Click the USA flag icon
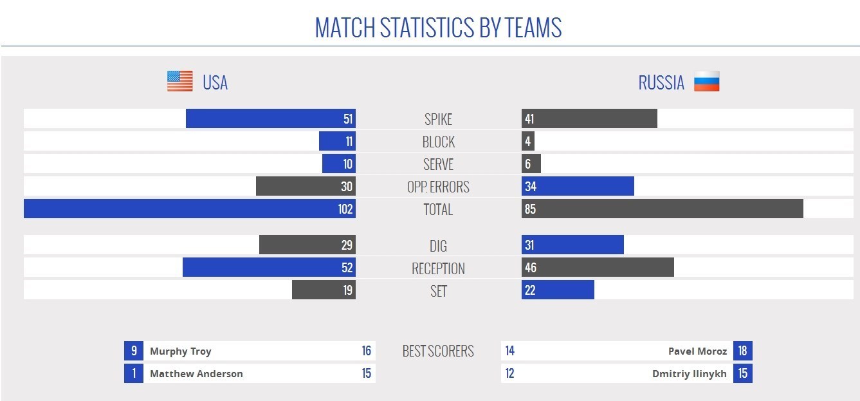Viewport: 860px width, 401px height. coord(179,81)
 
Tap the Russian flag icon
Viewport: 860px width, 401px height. coord(706,82)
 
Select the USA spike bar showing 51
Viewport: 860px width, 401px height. coord(270,118)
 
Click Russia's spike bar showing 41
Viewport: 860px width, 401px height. coord(589,118)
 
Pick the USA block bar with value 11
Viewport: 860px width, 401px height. coord(337,141)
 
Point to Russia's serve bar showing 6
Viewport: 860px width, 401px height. coord(531,163)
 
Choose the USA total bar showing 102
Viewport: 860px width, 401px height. coord(189,209)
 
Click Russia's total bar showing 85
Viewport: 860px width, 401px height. coord(662,209)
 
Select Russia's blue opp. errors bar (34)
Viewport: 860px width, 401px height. coord(578,186)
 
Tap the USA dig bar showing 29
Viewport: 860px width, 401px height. coord(307,245)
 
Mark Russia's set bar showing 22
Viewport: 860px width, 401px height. coord(558,290)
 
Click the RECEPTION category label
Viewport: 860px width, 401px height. coord(438,268)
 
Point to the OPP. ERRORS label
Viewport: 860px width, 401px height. coord(438,187)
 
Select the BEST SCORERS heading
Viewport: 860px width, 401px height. coord(438,351)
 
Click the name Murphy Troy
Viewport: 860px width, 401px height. coord(180,351)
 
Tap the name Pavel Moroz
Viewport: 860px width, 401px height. coord(698,351)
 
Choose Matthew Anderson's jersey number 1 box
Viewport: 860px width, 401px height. coord(134,373)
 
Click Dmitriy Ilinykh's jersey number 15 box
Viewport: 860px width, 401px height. coord(742,373)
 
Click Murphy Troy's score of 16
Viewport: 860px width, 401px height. coord(366,351)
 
